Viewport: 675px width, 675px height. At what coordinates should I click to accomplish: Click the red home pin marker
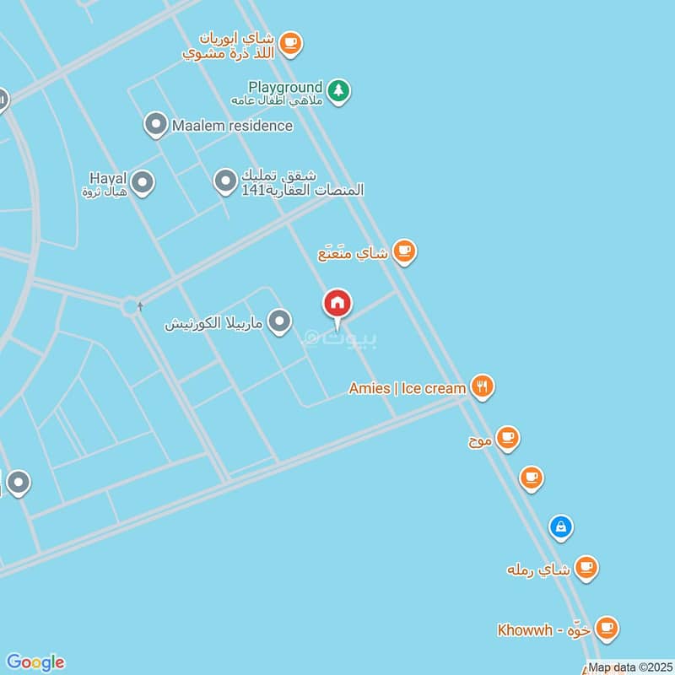click(337, 304)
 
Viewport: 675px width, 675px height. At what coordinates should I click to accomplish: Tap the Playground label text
click(285, 87)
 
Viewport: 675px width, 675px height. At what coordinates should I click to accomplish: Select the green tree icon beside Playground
click(338, 89)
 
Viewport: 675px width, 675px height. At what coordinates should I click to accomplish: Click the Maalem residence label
click(232, 126)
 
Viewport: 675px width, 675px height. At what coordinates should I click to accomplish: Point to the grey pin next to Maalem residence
click(154, 125)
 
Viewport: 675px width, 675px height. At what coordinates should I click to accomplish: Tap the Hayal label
click(108, 178)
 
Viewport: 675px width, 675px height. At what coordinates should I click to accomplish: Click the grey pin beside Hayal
click(143, 181)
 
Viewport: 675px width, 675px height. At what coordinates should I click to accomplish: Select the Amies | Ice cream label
click(408, 388)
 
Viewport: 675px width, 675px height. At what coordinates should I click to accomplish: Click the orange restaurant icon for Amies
click(482, 386)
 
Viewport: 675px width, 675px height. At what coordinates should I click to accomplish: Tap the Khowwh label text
click(525, 629)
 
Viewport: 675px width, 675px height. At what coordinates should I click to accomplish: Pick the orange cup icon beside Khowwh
click(606, 628)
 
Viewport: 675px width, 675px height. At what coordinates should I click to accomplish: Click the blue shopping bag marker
click(560, 527)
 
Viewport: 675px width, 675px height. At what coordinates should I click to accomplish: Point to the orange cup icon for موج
click(507, 437)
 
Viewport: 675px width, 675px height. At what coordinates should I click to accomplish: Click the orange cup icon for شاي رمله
click(586, 567)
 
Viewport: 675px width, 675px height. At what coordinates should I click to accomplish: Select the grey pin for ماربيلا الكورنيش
click(279, 321)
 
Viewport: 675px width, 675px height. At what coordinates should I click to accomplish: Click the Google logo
click(35, 662)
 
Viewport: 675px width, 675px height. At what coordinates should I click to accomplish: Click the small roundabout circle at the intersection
click(130, 306)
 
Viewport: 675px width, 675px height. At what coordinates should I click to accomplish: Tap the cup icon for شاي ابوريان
click(290, 42)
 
